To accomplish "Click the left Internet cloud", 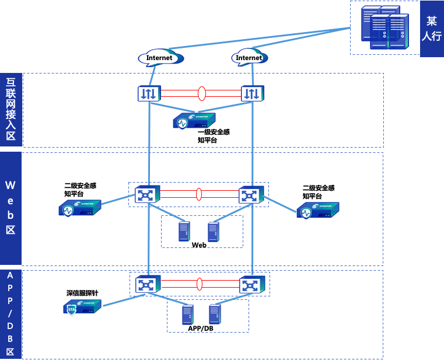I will [x=160, y=58].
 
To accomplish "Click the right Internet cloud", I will [x=250, y=58].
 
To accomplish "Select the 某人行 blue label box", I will [x=431, y=29].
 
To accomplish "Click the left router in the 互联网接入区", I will [x=148, y=93].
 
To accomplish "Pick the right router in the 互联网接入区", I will [x=252, y=93].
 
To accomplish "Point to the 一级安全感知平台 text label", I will [x=213, y=136].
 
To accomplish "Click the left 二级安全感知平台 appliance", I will [x=79, y=208].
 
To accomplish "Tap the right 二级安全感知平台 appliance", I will [x=319, y=209].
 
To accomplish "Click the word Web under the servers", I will [x=199, y=245].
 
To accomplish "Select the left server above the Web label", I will [x=184, y=232].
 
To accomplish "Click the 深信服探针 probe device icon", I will [x=82, y=307].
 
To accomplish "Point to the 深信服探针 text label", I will [x=82, y=293].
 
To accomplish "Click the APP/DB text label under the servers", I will [x=201, y=328].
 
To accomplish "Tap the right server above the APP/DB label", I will [x=215, y=314].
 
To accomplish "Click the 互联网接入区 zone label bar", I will [x=11, y=109].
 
